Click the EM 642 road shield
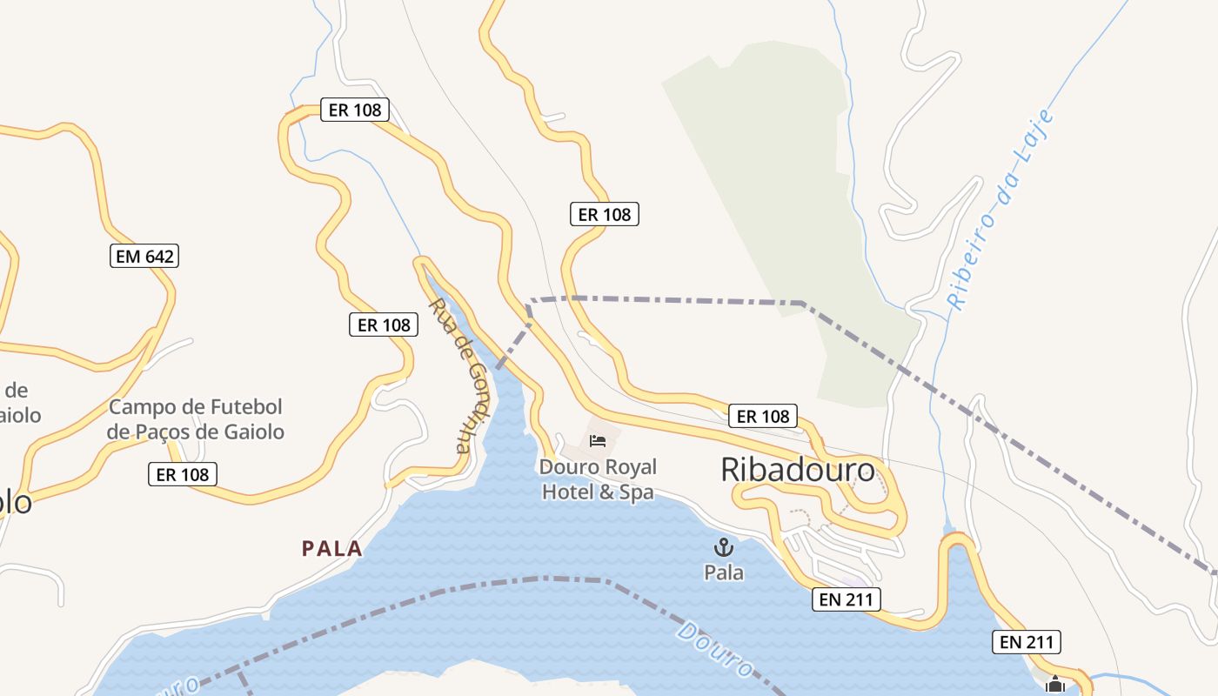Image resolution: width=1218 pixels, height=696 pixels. (144, 256)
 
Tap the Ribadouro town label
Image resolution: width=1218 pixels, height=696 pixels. (798, 470)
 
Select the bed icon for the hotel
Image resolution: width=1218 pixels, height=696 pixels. (598, 440)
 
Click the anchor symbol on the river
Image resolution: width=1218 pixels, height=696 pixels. (723, 547)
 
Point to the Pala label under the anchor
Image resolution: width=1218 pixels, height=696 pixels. (724, 572)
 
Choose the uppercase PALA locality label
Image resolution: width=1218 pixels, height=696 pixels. (331, 548)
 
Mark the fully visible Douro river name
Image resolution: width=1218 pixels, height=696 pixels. (714, 649)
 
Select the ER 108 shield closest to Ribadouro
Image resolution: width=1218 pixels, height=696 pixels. (763, 416)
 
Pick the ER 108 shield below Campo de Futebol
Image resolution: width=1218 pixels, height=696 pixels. (182, 474)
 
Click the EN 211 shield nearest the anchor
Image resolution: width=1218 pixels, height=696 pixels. (847, 599)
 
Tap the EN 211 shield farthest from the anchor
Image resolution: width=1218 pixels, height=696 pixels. (1027, 642)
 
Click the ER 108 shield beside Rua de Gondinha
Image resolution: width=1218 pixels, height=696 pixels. (384, 325)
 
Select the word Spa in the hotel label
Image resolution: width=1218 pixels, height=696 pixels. (635, 492)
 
